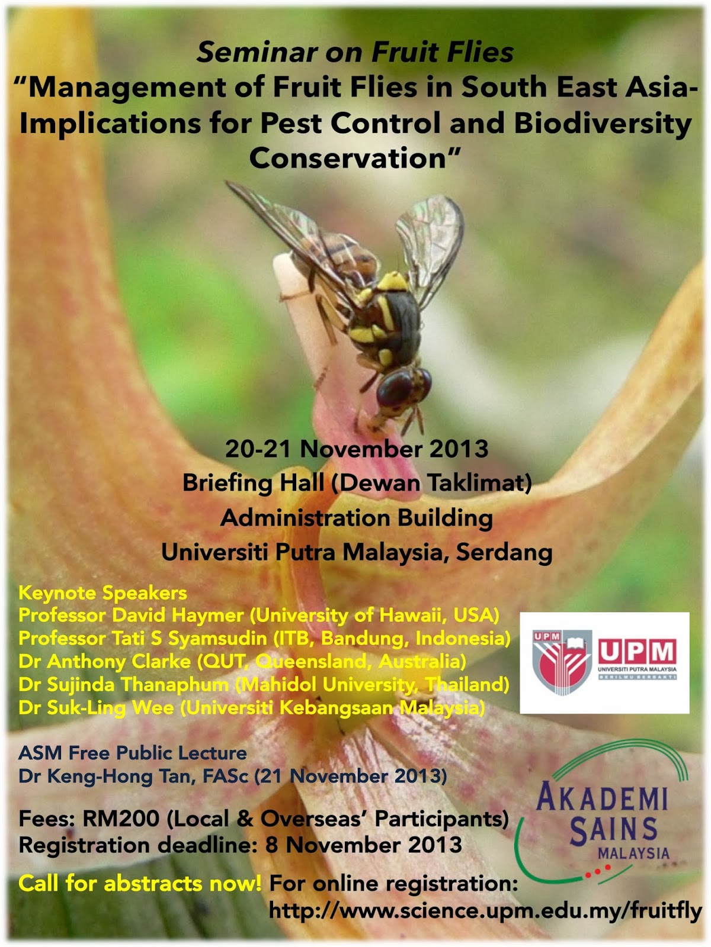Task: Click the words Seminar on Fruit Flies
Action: (x=355, y=52)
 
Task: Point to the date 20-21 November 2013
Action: (x=357, y=449)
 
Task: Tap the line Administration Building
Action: (x=357, y=518)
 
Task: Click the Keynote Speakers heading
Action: (x=103, y=592)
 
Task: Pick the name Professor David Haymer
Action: (x=131, y=615)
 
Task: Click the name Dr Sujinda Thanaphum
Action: (x=124, y=684)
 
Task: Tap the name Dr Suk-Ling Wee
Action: (x=96, y=707)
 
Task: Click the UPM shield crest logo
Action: (x=562, y=662)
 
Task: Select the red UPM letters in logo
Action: (x=637, y=652)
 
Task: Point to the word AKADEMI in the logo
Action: (x=602, y=798)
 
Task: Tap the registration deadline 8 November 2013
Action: (x=364, y=845)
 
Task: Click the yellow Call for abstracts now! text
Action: (x=140, y=883)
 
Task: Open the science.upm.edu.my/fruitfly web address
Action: (x=485, y=910)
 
